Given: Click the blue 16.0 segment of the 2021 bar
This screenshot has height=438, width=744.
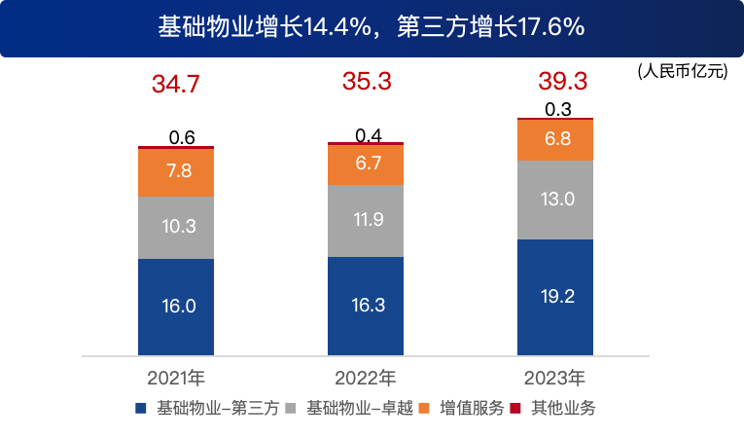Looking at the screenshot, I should [176, 307].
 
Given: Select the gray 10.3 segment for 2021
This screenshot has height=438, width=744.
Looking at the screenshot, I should [176, 227].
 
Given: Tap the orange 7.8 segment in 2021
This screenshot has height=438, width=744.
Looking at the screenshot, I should [176, 172].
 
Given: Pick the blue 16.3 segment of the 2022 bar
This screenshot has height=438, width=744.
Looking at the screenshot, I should [366, 306].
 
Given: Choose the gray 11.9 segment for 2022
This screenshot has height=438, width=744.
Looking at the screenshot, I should [366, 220].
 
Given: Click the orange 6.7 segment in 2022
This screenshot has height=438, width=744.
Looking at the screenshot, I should [366, 164].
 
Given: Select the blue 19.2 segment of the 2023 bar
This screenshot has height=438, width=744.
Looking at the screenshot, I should [554, 297].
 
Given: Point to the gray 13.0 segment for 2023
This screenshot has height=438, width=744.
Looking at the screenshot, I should [554, 200].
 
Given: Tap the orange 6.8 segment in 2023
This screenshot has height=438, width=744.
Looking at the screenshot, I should [554, 139].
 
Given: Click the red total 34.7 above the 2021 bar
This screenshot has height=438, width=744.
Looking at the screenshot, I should [176, 85].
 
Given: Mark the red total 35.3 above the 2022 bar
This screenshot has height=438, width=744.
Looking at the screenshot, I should [366, 82].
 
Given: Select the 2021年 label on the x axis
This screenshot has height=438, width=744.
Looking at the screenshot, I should [176, 377].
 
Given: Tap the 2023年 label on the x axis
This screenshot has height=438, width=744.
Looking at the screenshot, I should [554, 377].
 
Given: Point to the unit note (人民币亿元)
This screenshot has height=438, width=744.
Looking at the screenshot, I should [683, 71].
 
